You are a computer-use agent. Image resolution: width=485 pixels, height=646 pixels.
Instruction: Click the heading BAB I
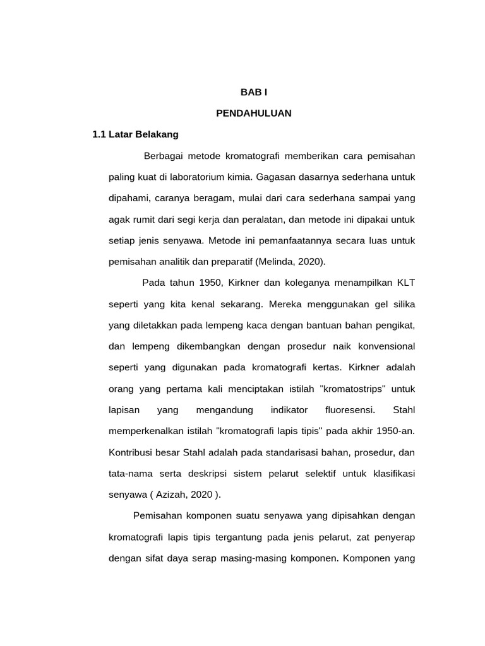coord(254,92)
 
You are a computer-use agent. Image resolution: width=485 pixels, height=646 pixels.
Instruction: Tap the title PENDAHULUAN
coord(254,114)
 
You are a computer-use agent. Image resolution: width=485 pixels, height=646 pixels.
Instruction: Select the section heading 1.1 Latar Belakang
coord(136,134)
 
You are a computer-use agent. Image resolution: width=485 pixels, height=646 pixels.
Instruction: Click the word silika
coord(402,304)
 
